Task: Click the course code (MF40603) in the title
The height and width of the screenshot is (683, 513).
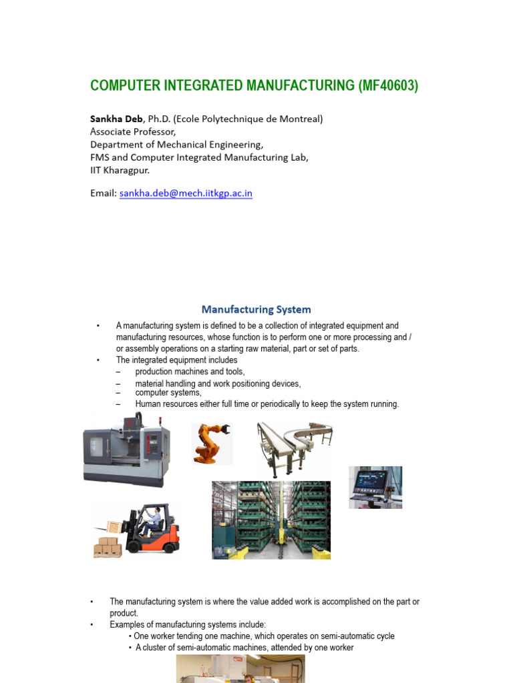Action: (388, 85)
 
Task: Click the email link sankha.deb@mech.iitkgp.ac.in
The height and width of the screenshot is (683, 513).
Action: (186, 193)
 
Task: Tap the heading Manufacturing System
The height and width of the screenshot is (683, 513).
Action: (256, 309)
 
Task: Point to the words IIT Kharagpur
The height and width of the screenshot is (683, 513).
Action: (120, 169)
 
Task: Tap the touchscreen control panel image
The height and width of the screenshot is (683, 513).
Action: (375, 487)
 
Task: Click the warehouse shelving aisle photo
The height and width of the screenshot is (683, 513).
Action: (271, 520)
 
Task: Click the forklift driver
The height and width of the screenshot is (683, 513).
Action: (153, 520)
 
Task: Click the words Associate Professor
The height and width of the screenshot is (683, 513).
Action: (132, 131)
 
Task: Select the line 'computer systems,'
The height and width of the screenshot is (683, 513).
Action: (168, 393)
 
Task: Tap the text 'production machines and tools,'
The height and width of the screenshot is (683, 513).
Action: (190, 372)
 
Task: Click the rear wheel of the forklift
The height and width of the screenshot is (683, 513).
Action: (170, 546)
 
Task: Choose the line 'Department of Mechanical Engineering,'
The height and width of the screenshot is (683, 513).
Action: (176, 144)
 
